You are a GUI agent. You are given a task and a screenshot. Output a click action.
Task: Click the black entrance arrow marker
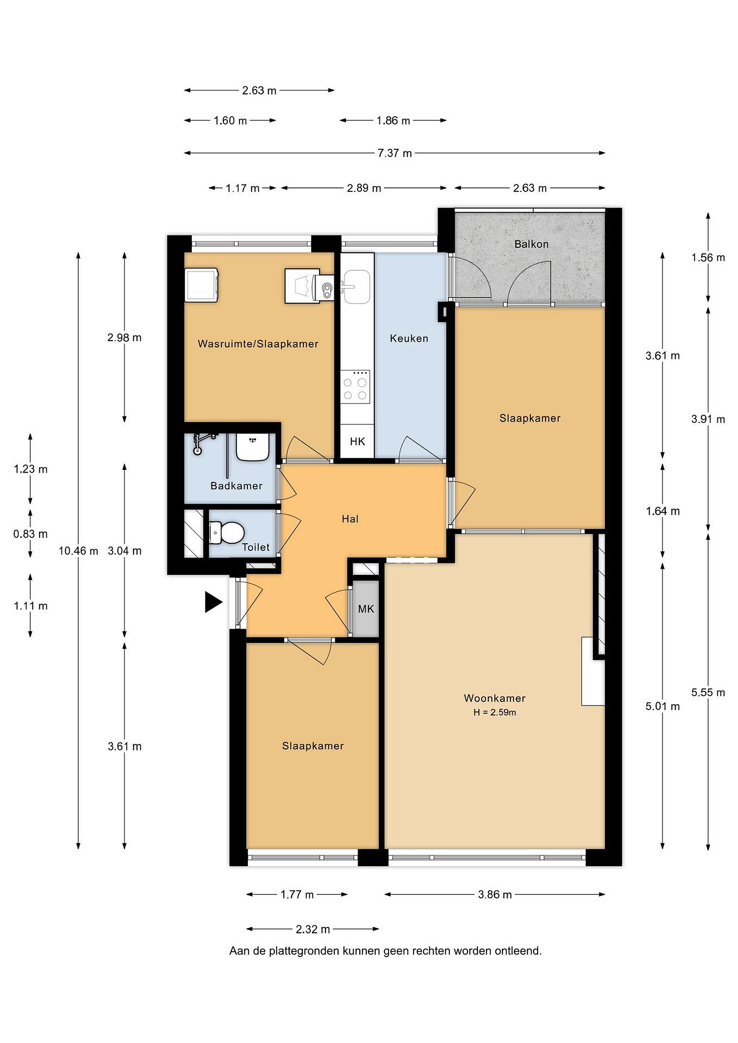(213, 602)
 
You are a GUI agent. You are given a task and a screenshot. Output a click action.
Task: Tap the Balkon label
(531, 244)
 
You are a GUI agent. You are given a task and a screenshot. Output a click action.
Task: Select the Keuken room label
(409, 338)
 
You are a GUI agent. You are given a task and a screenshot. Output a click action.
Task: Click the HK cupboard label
(357, 441)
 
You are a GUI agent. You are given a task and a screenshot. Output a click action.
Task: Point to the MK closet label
(366, 609)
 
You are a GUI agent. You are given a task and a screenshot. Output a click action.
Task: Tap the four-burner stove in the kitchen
(355, 385)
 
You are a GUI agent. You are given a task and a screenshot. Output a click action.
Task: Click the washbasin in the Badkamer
(253, 447)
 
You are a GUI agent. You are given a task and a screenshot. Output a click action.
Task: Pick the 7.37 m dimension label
(395, 153)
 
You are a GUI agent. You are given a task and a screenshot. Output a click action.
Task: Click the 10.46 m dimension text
(78, 551)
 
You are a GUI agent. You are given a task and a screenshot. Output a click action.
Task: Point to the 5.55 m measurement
(708, 692)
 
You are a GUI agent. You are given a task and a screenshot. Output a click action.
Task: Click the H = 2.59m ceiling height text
(495, 712)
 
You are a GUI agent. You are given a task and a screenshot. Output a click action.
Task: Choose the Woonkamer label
(495, 698)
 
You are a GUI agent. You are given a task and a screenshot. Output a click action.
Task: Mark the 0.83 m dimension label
(30, 534)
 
